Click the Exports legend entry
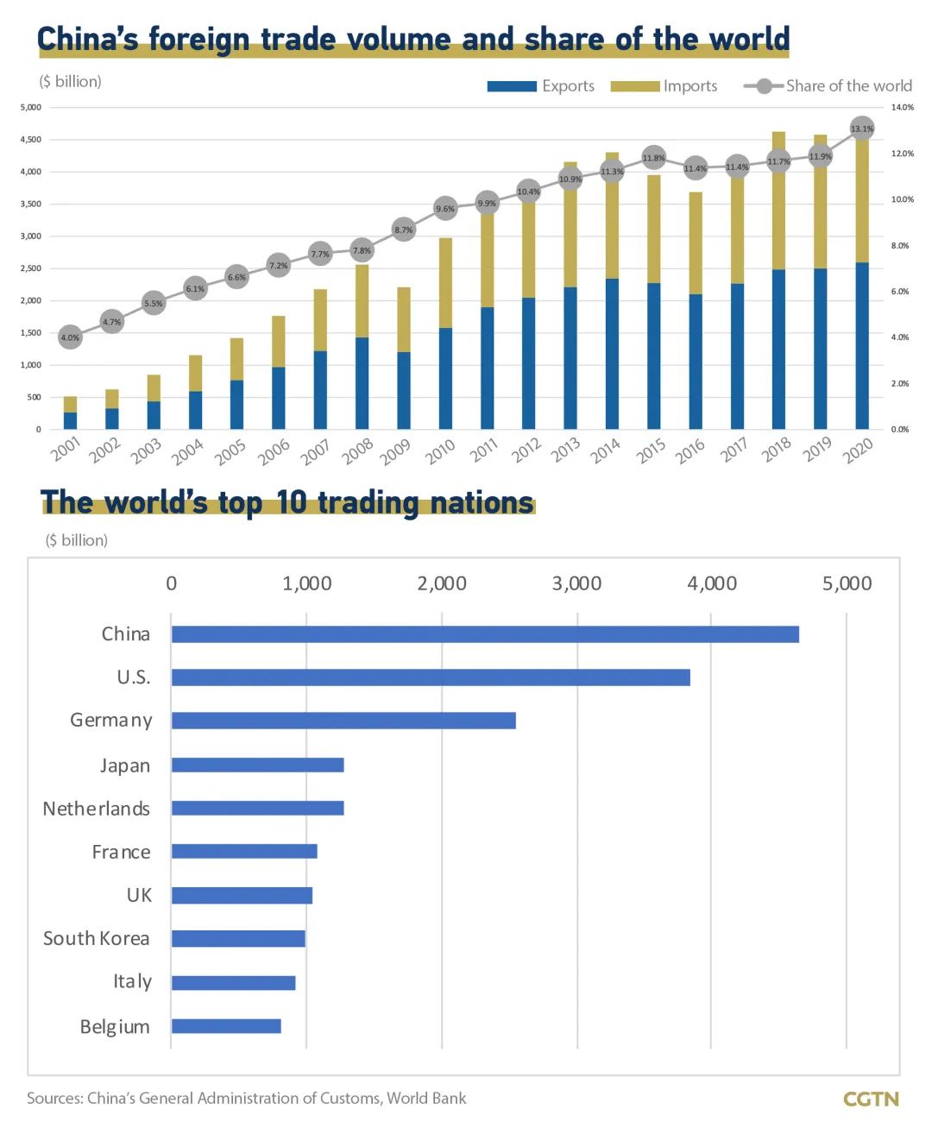[x=541, y=86]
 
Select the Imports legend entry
[x=664, y=86]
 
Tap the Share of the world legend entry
[x=828, y=86]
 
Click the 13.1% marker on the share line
[x=861, y=129]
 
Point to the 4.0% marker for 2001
[x=70, y=337]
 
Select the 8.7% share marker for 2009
[x=404, y=230]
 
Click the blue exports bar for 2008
[x=362, y=383]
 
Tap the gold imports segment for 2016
[x=696, y=243]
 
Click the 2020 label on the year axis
[x=859, y=451]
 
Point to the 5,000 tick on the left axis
[x=31, y=108]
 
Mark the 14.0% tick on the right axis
[x=902, y=108]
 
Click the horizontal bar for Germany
[x=343, y=721]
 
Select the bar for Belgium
[x=226, y=1026]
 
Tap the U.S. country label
[x=134, y=677]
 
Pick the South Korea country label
[x=97, y=938]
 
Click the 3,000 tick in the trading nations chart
[x=576, y=584]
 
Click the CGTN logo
[x=871, y=1099]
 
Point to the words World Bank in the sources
[x=426, y=1099]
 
